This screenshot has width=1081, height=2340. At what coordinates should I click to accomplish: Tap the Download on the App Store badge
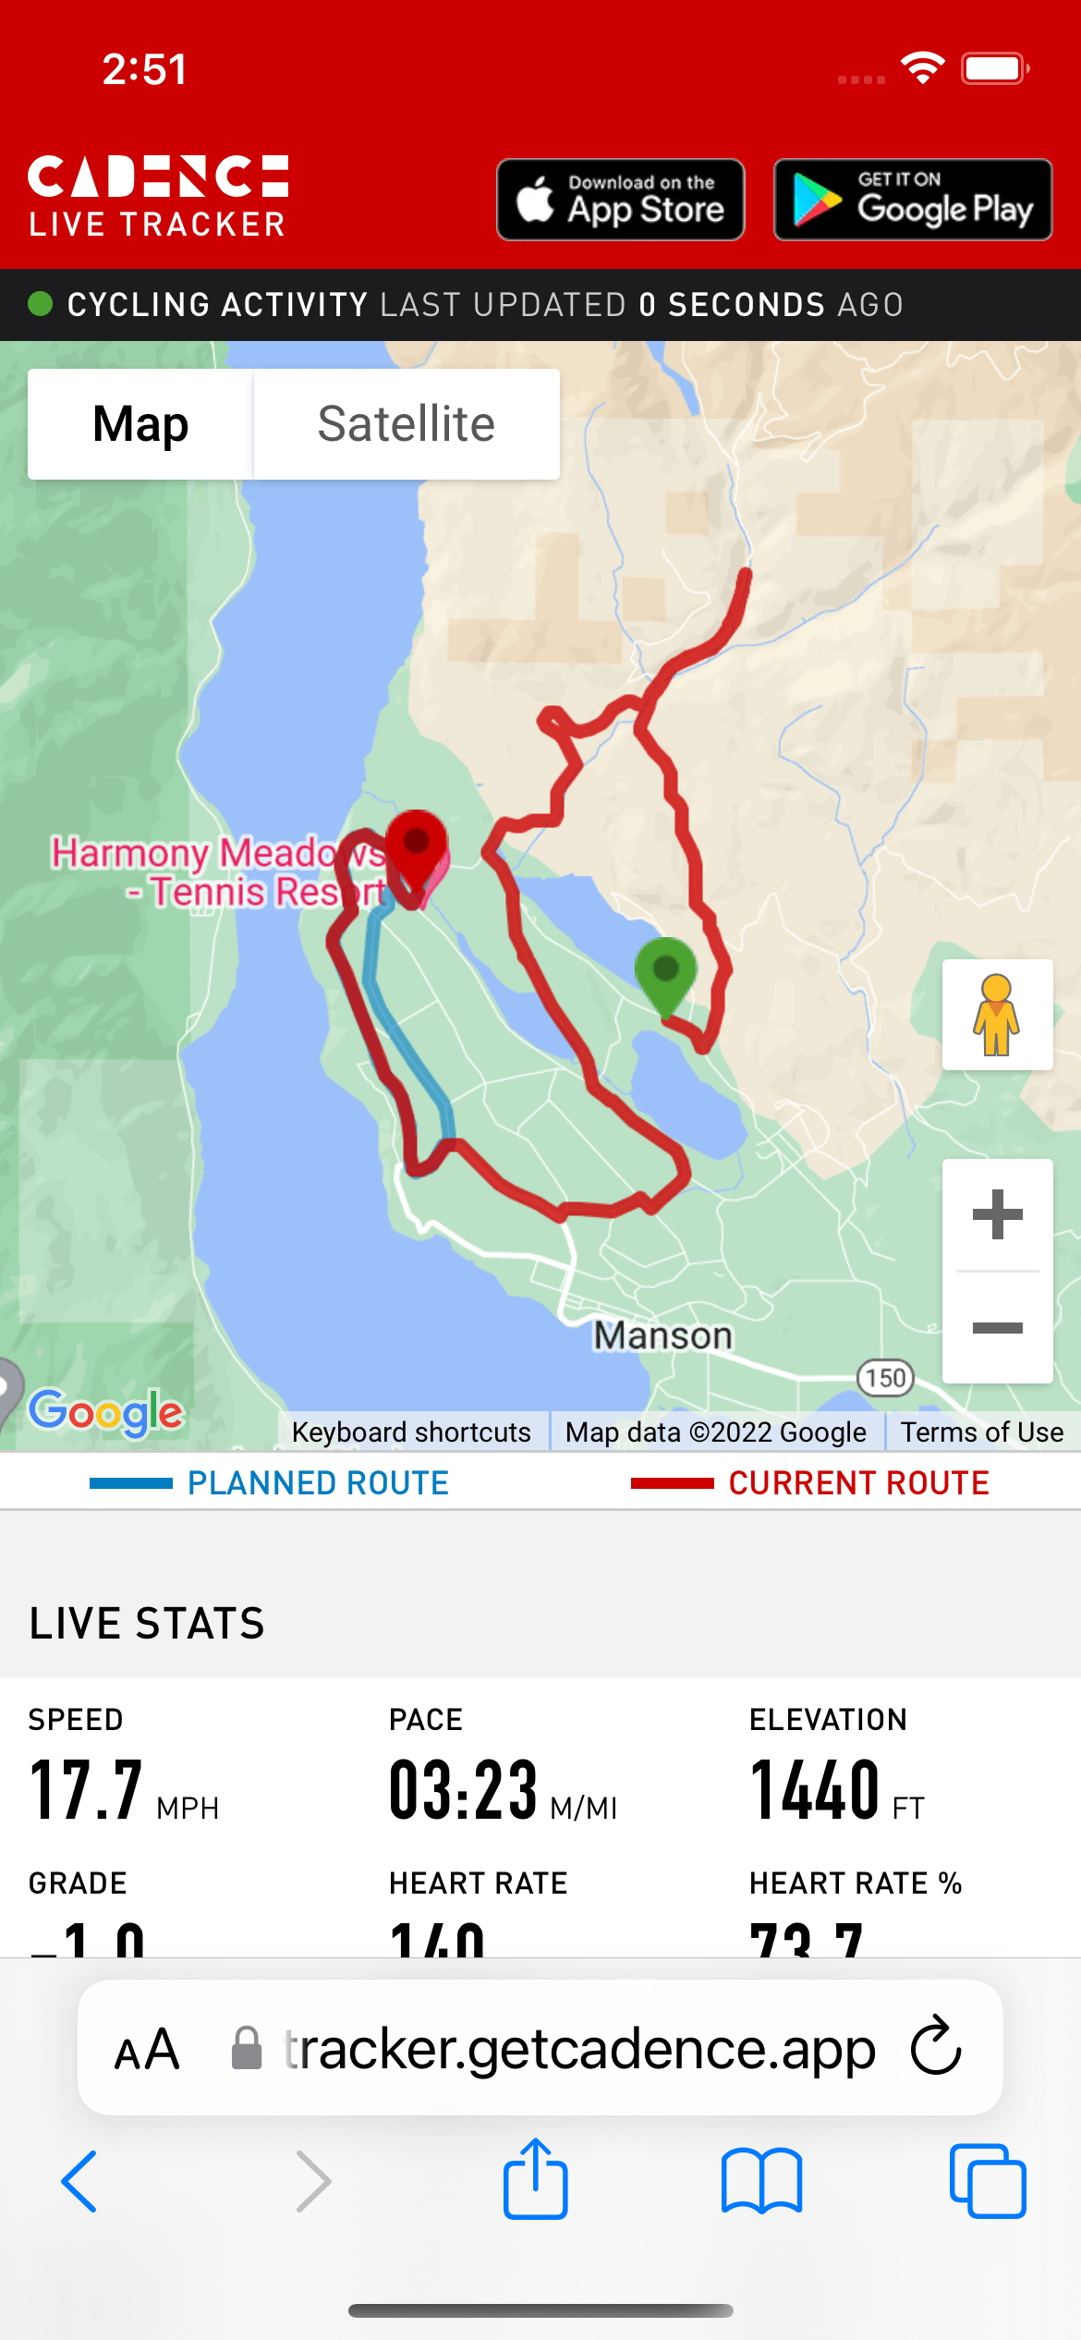tap(621, 200)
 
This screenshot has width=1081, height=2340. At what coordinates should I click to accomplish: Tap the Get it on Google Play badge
tap(913, 200)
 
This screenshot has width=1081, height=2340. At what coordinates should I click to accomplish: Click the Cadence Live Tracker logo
tap(158, 197)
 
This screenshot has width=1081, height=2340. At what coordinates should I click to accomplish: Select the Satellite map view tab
tap(407, 424)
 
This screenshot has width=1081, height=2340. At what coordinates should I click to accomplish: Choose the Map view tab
tap(140, 424)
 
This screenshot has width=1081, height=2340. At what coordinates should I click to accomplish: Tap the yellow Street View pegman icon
tap(996, 1015)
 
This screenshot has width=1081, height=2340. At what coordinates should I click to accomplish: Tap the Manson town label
tap(662, 1335)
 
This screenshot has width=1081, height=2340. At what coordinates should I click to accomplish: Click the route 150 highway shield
tap(885, 1378)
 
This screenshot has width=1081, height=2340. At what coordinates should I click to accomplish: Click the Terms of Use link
tap(982, 1432)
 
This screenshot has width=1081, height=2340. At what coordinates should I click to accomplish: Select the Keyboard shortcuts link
tap(411, 1432)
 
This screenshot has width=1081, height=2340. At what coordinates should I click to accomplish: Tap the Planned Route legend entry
tap(270, 1483)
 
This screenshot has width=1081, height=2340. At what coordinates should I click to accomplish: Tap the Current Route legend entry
tap(810, 1483)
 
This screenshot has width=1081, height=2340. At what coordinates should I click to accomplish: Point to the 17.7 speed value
tap(87, 1790)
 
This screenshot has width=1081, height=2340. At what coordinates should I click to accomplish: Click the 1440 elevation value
tap(815, 1790)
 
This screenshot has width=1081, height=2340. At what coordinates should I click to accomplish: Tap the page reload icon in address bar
tap(936, 2048)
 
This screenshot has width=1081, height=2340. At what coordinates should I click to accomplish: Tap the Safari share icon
tap(535, 2179)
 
